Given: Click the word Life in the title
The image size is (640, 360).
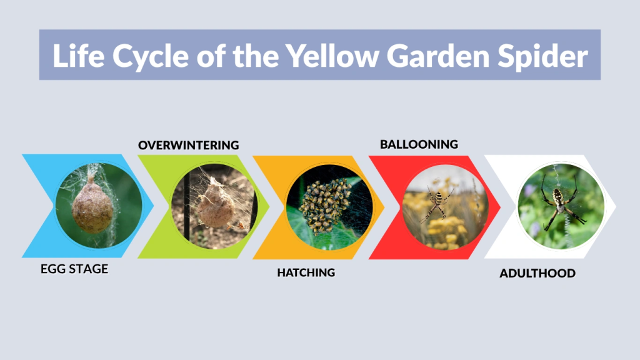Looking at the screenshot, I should (x=74, y=56).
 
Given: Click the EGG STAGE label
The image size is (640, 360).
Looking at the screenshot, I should (x=74, y=269).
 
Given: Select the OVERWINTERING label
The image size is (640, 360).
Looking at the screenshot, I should (x=188, y=145).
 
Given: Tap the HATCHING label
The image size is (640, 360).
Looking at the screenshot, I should (x=306, y=272).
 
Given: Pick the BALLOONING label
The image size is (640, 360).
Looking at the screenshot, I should (x=419, y=144).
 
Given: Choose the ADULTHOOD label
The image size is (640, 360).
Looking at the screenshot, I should (x=537, y=274).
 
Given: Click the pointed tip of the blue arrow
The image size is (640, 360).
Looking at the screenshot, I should (x=153, y=206).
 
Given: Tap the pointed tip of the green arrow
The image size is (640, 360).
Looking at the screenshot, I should (x=269, y=206).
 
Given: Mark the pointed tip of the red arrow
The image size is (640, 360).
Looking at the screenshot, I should (x=500, y=206).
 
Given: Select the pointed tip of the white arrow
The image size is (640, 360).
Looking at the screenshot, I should (x=616, y=206).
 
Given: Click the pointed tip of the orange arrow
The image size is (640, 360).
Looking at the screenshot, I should (x=384, y=206).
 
